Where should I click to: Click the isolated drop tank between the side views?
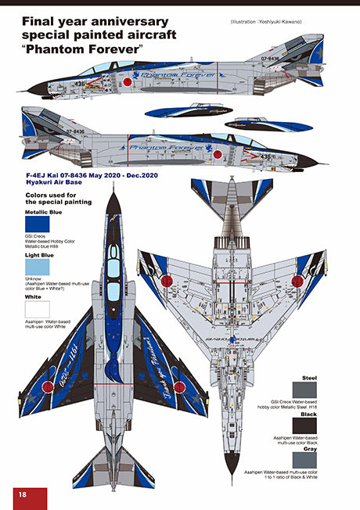pos(181,113)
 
